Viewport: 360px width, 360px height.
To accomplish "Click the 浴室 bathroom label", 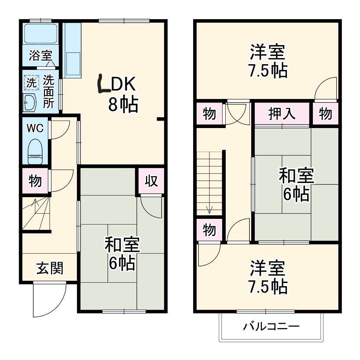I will (x=40, y=56).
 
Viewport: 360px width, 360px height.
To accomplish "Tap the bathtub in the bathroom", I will (x=40, y=34).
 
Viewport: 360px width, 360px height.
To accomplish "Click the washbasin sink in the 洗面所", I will (x=30, y=103).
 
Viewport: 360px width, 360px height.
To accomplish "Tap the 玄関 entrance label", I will (x=50, y=268).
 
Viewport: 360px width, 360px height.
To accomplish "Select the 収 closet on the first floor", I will (x=151, y=181).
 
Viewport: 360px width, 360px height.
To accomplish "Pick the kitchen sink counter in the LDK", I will (x=73, y=50).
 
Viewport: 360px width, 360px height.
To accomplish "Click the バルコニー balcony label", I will (x=271, y=326).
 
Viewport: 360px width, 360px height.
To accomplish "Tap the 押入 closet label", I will (x=282, y=114).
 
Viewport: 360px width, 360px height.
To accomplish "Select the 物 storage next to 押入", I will (x=325, y=114).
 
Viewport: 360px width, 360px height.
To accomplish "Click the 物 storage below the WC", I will (x=35, y=181).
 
